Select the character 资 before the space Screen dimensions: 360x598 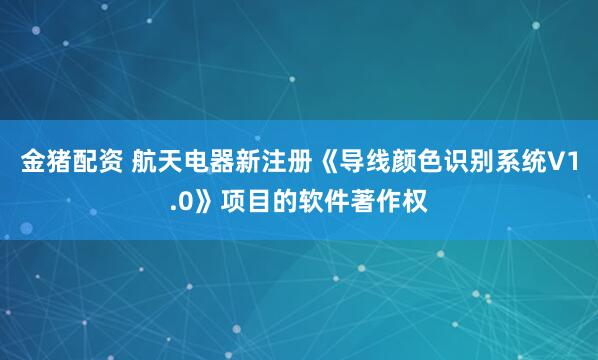tap(107, 163)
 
